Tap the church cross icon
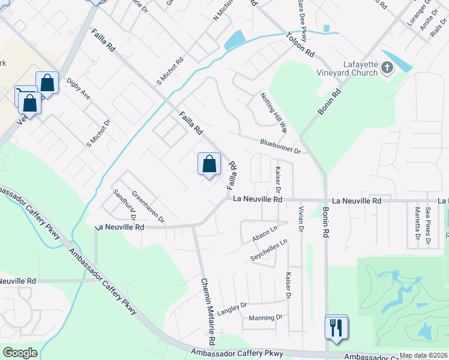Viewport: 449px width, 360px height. (x=386, y=67)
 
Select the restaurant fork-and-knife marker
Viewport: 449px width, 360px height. (x=336, y=328)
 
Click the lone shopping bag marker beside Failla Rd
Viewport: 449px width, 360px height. (x=209, y=164)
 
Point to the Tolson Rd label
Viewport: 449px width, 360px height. (x=301, y=45)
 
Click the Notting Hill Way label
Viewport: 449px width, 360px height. (x=274, y=112)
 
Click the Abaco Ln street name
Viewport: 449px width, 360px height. (x=265, y=232)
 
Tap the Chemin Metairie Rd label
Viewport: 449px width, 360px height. (x=208, y=311)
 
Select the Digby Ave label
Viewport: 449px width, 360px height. (x=79, y=89)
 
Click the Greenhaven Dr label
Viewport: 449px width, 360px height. (x=148, y=206)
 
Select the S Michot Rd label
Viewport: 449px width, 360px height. (x=170, y=72)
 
